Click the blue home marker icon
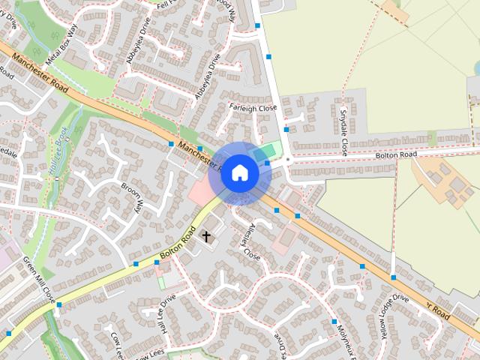click(x=240, y=173)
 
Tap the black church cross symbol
click(x=206, y=236)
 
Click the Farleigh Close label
click(x=253, y=108)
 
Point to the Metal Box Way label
click(x=62, y=46)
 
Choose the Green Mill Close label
click(x=39, y=279)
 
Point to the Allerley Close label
click(x=250, y=241)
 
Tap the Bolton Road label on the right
click(x=396, y=155)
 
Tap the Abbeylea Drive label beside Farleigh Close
click(x=208, y=81)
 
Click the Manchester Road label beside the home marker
click(x=196, y=154)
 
